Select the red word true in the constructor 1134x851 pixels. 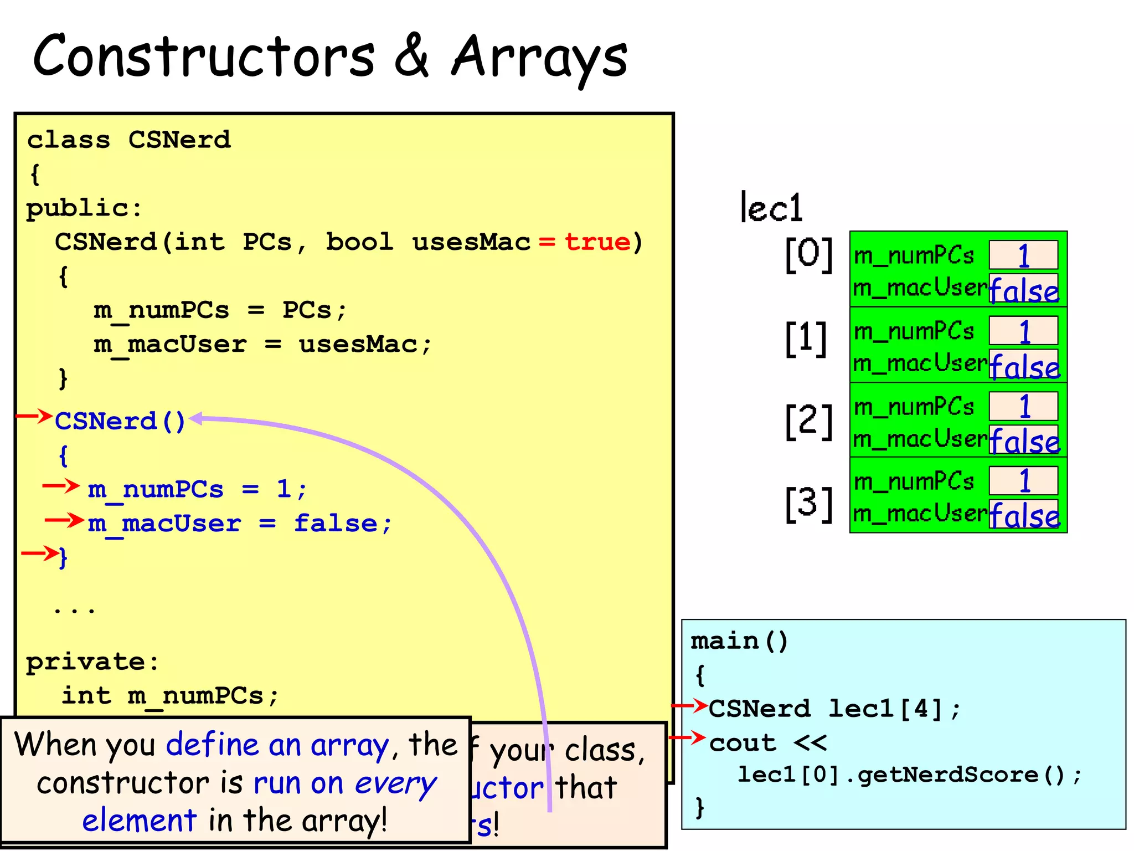point(597,242)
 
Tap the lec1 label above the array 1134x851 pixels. point(771,208)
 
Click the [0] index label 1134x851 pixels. point(809,254)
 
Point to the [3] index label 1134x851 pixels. point(809,504)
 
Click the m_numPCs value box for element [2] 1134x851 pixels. point(1023,406)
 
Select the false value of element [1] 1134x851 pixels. point(1024,366)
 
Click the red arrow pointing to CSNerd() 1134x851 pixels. point(34,416)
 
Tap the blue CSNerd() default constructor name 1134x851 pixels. point(120,422)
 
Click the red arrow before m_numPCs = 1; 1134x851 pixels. point(61,486)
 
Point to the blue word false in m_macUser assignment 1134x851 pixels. point(336,524)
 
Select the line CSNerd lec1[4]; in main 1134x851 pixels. point(834,709)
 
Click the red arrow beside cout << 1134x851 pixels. point(688,737)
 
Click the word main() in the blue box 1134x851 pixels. point(739,641)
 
